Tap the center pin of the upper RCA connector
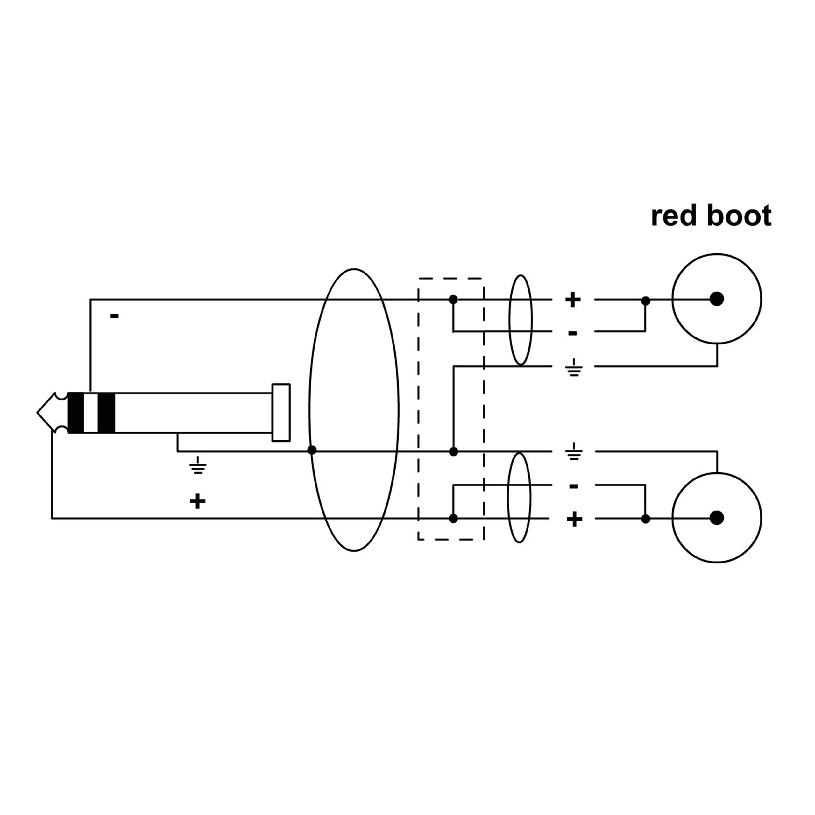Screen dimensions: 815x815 click(717, 299)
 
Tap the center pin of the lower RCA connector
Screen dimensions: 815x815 click(717, 518)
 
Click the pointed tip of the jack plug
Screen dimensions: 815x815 click(38, 412)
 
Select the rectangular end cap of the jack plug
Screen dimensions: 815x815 click(281, 413)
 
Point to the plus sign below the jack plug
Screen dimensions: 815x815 click(197, 501)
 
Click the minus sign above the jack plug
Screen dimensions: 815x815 click(114, 315)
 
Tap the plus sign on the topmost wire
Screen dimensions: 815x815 click(572, 300)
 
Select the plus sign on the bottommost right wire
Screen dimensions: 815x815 click(574, 519)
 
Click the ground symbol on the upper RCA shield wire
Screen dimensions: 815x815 click(574, 367)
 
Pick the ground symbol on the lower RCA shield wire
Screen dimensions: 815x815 click(574, 451)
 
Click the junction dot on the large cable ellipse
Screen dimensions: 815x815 click(312, 450)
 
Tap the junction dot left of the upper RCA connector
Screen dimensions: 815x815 click(645, 301)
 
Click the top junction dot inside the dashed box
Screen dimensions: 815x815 click(453, 300)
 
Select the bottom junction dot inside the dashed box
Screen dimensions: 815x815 click(453, 518)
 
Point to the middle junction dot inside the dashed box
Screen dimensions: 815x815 click(453, 451)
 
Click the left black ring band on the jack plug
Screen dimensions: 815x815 click(76, 413)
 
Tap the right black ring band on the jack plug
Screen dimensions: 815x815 click(106, 413)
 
